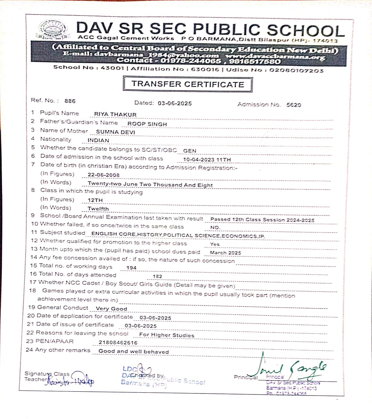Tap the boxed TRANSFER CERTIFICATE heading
click(188, 84)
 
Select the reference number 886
click(70, 101)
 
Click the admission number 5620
click(293, 105)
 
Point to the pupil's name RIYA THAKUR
click(115, 115)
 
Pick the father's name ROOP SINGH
click(147, 124)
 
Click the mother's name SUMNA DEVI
click(115, 132)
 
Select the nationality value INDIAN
click(98, 140)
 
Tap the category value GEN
click(190, 151)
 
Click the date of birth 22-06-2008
click(103, 175)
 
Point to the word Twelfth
click(98, 209)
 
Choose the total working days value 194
click(131, 268)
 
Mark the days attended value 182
click(157, 276)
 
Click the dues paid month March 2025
click(225, 253)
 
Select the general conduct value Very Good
click(111, 309)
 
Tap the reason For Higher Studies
click(167, 335)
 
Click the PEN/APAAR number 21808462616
click(118, 343)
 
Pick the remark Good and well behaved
click(133, 352)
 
